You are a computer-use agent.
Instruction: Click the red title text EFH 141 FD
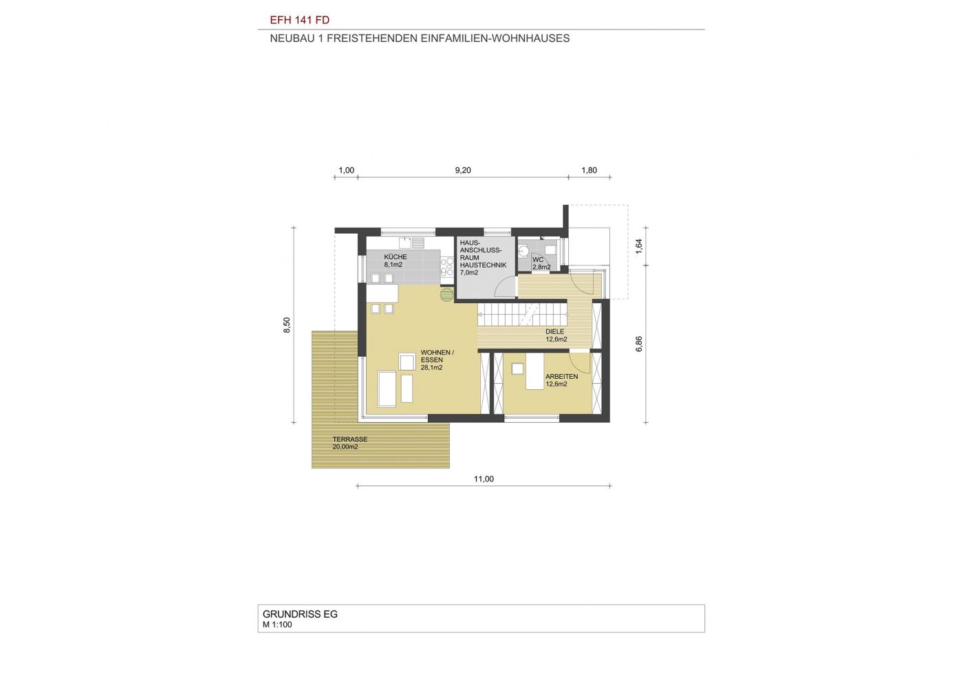coord(300,20)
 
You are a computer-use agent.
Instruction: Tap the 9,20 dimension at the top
coord(463,171)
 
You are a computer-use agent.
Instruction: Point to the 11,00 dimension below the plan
coord(484,479)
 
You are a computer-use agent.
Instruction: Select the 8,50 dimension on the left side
coord(288,325)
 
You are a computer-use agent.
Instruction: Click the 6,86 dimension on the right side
coord(639,344)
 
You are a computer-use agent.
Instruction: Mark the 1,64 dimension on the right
coord(639,246)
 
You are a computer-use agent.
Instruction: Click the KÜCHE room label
coord(396,257)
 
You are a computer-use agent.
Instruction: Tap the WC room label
coord(538,260)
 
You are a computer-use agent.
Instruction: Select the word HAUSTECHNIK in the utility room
coord(483,265)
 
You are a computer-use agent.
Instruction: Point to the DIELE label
coord(554,332)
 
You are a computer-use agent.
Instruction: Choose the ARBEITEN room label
coord(561,377)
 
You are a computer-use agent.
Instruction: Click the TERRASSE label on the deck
coord(350,439)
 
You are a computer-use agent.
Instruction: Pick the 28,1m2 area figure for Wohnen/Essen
coord(432,368)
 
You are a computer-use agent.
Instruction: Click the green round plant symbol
coord(446,294)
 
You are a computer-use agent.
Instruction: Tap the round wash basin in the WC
coord(523,250)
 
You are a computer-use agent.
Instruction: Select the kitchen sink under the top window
coord(104,243)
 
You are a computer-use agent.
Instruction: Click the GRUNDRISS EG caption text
coord(300,614)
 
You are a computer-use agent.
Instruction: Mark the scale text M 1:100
coord(277,625)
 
